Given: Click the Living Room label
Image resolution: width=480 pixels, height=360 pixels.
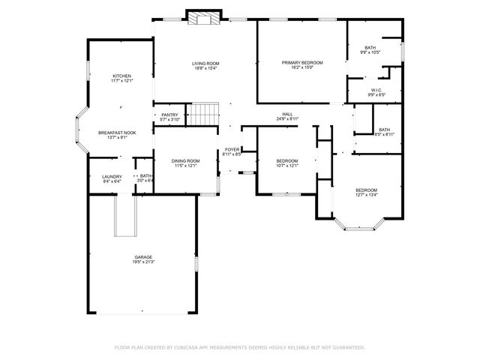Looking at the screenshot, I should [205, 64].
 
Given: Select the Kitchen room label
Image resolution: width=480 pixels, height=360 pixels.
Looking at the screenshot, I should [121, 76].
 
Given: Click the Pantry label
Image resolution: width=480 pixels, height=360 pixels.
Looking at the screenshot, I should [169, 115].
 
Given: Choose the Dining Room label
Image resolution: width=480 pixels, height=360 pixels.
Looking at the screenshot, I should [185, 160].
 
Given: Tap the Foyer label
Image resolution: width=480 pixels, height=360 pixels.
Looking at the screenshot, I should [232, 150].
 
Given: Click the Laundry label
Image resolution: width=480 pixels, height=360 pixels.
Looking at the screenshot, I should [111, 176].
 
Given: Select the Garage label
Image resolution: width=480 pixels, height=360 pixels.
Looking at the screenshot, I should [143, 256].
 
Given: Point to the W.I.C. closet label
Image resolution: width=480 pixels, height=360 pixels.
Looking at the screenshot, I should [376, 90].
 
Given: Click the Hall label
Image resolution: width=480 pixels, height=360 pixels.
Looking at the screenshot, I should [287, 114].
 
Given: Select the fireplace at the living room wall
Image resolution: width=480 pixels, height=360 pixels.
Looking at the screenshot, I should [202, 19].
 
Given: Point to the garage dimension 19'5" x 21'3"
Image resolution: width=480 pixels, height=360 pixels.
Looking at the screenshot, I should [143, 262].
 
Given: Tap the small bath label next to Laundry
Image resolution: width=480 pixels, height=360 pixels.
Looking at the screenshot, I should [145, 176].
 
